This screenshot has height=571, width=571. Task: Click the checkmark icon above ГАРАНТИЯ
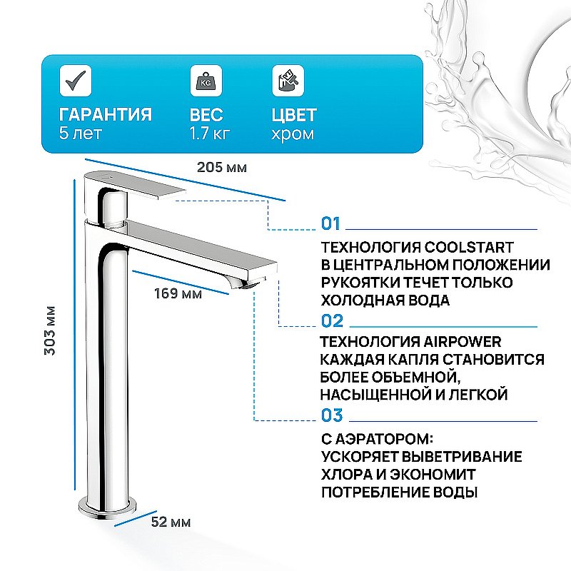(74, 80)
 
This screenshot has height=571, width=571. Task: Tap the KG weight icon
(205, 80)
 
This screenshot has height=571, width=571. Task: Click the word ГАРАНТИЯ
(105, 114)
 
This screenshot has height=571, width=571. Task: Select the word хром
(293, 133)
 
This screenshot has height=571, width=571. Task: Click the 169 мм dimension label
(178, 293)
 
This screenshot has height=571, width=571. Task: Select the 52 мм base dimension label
(171, 522)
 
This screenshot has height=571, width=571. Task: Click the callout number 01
(331, 224)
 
